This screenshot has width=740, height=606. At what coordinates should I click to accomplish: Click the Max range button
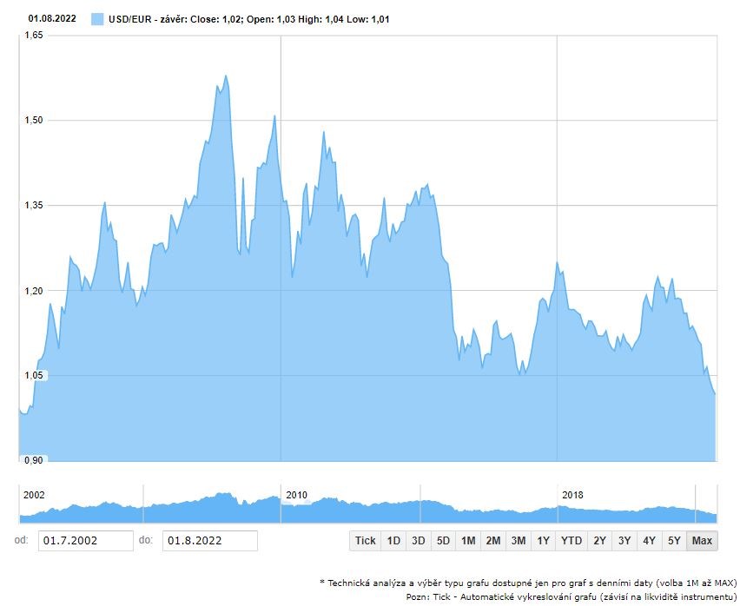point(702,541)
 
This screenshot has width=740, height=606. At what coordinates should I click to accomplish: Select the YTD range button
point(571,541)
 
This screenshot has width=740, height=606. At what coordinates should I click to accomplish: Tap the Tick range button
point(366,541)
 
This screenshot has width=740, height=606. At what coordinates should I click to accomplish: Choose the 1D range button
point(393,541)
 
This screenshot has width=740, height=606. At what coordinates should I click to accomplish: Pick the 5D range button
point(443,541)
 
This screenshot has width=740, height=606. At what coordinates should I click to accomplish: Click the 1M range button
point(468,541)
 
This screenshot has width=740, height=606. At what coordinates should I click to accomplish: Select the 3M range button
point(519,541)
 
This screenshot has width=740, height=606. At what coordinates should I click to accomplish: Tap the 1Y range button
point(544,541)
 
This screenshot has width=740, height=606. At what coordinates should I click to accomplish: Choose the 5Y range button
point(674,541)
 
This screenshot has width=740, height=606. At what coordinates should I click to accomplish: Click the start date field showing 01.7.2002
point(85,541)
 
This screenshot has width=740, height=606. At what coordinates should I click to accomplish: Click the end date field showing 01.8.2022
point(209,541)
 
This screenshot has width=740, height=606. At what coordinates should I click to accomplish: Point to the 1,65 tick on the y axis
point(33,35)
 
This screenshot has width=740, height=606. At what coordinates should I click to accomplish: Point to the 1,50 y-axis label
point(33,120)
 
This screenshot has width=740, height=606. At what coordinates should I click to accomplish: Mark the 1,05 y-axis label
point(33,375)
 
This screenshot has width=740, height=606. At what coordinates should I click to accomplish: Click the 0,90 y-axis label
point(33,460)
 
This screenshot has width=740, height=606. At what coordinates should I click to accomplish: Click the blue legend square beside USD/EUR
point(97,18)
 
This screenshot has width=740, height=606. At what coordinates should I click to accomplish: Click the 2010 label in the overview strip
point(297,495)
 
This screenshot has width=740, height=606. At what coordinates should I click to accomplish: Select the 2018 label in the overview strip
point(572,495)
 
